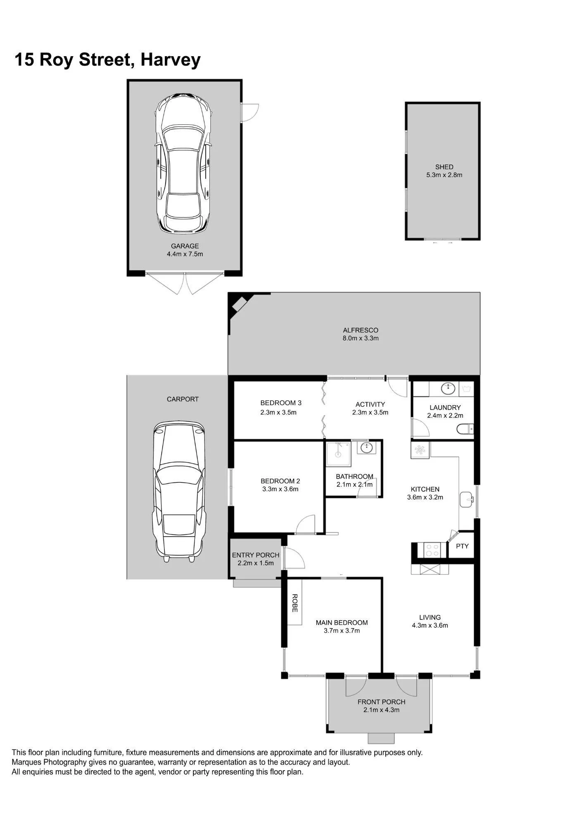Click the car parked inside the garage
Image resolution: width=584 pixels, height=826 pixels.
click(x=183, y=163)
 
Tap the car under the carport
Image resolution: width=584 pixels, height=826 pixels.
click(x=180, y=491)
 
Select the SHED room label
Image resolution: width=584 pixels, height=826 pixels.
click(x=444, y=167)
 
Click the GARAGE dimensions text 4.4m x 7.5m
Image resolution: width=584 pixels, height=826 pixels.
click(x=185, y=254)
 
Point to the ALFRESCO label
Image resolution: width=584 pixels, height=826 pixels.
click(x=361, y=330)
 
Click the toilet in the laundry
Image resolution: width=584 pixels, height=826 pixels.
click(x=465, y=430)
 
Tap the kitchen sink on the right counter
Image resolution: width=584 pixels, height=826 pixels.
click(x=467, y=499)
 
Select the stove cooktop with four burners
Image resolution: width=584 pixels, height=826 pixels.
click(x=432, y=550)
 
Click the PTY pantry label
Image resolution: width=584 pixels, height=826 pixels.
click(x=462, y=546)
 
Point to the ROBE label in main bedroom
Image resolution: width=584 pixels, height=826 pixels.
click(x=295, y=603)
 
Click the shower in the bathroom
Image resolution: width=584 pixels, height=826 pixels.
click(x=338, y=454)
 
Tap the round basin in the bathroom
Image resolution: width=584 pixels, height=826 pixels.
click(x=366, y=447)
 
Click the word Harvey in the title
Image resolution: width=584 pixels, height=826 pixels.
click(x=171, y=60)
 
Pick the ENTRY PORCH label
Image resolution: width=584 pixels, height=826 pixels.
click(x=256, y=555)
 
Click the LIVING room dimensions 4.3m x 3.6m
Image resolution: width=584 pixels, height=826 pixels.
click(x=430, y=625)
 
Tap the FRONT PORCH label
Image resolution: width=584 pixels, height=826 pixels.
click(x=381, y=702)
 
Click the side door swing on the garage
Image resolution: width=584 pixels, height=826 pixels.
click(x=250, y=112)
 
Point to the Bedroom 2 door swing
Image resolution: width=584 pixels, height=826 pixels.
click(x=306, y=525)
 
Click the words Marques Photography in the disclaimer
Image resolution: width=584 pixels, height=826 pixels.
click(x=49, y=762)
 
